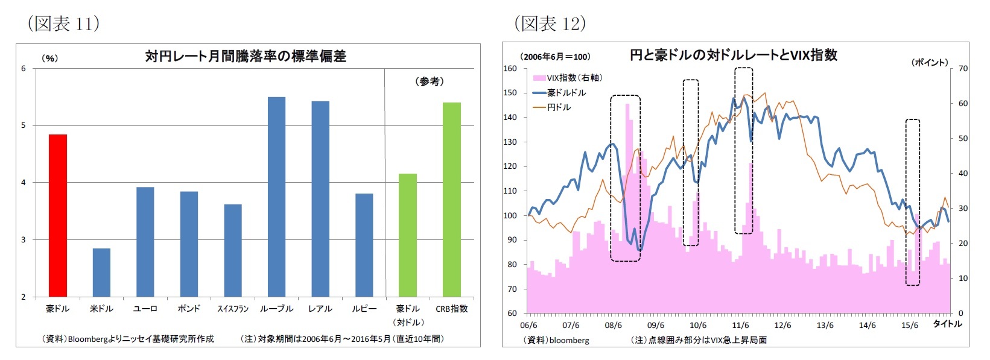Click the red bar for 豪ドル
pos(58,215)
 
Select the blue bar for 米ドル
pos(101,272)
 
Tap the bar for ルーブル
pos(276,197)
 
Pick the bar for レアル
pos(320,199)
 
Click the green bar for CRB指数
pos(452,200)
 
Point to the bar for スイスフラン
pos(233,250)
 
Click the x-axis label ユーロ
pos(145,309)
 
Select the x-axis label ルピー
pos(364,309)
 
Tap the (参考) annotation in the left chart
pos(430,81)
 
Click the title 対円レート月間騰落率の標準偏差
pos(246,56)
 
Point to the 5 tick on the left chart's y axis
pos(24,125)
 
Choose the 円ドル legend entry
pos(559,107)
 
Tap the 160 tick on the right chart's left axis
pos(510,68)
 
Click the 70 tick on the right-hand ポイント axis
pos(963,68)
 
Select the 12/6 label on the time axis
pos(782,325)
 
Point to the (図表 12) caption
pos(550,24)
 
